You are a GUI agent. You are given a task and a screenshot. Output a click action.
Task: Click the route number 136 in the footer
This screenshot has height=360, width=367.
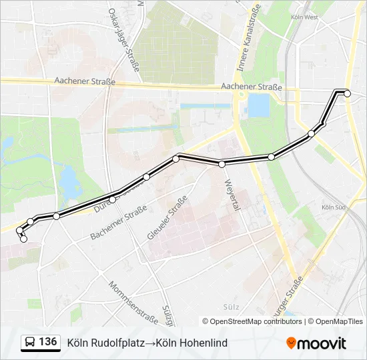click(47, 342)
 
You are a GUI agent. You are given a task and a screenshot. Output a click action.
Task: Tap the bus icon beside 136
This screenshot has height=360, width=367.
click(30, 343)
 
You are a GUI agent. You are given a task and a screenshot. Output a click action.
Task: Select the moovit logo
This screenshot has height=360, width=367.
click(316, 343)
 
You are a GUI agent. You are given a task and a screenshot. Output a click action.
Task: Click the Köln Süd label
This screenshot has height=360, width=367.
click(332, 207)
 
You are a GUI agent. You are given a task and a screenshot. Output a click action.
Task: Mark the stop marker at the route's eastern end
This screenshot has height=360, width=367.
click(347, 93)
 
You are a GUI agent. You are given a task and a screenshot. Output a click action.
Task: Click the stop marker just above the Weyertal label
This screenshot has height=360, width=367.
click(222, 163)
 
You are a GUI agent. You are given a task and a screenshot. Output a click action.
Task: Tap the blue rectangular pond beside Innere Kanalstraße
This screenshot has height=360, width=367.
click(258, 105)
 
